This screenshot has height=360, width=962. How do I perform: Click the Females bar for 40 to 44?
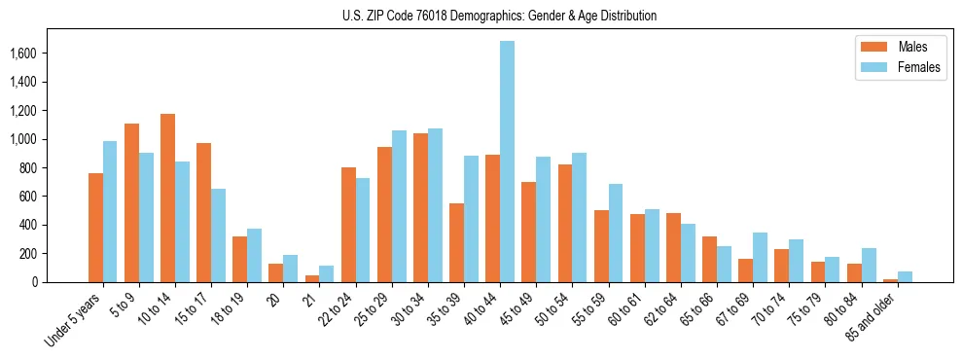[507, 162]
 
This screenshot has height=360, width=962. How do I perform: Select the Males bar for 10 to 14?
[167, 198]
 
